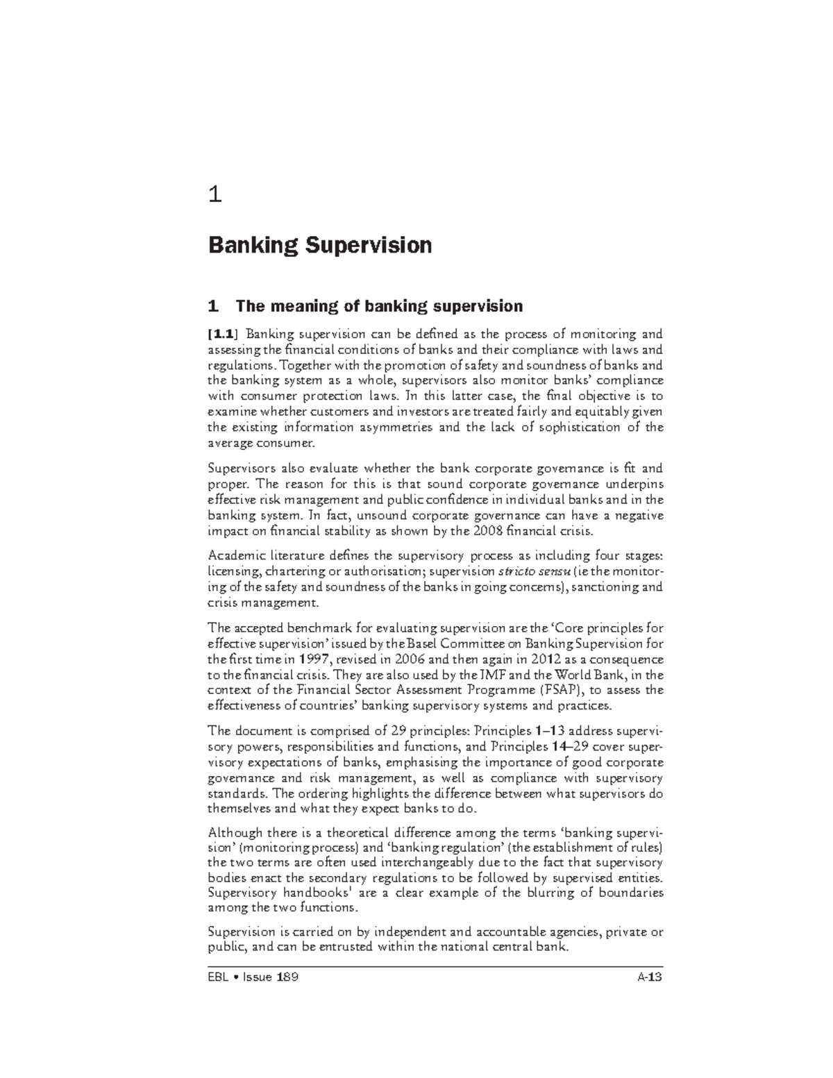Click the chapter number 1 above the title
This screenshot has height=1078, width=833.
[215, 196]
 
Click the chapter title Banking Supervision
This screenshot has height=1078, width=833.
[320, 245]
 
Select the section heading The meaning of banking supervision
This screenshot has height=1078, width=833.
[365, 306]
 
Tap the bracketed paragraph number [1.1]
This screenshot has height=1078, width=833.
[223, 333]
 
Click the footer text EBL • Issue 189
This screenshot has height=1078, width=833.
[254, 978]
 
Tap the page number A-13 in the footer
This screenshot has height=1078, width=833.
[650, 978]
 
